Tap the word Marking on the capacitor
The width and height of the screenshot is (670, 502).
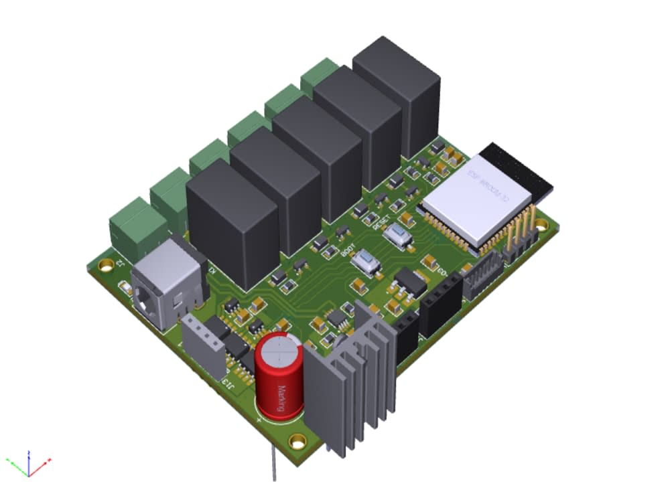pyautogui.click(x=282, y=400)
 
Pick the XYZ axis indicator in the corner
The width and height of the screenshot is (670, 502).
pyautogui.click(x=28, y=463)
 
